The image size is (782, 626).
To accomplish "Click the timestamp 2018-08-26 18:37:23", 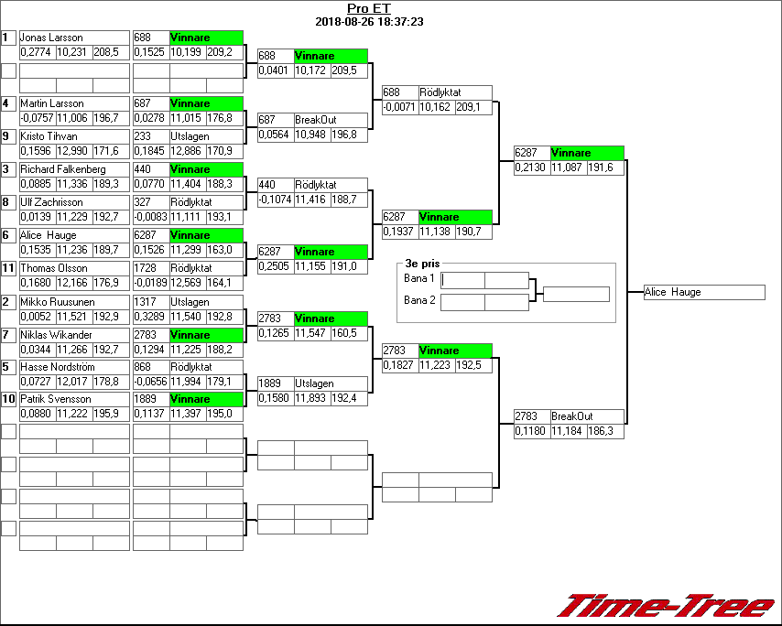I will pyautogui.click(x=369, y=21).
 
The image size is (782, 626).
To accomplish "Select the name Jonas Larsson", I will pyautogui.click(x=51, y=38).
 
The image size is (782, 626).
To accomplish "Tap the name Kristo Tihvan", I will pyautogui.click(x=49, y=136).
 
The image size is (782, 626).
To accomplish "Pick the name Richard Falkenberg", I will pyautogui.click(x=62, y=169).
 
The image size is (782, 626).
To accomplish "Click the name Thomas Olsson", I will pyautogui.click(x=54, y=268).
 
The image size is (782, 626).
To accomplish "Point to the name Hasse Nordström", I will pyautogui.click(x=57, y=367).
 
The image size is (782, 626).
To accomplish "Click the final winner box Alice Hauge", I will pyautogui.click(x=703, y=292).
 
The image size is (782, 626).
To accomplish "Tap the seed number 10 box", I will pyautogui.click(x=8, y=399).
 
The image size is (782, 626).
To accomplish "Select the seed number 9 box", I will pyautogui.click(x=8, y=136).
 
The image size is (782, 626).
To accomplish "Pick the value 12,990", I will pyautogui.click(x=72, y=150).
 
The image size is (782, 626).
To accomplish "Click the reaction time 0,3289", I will pyautogui.click(x=150, y=316).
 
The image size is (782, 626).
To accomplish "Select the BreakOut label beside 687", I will pyautogui.click(x=316, y=120).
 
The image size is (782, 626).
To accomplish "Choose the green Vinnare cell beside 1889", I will pyautogui.click(x=207, y=399).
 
